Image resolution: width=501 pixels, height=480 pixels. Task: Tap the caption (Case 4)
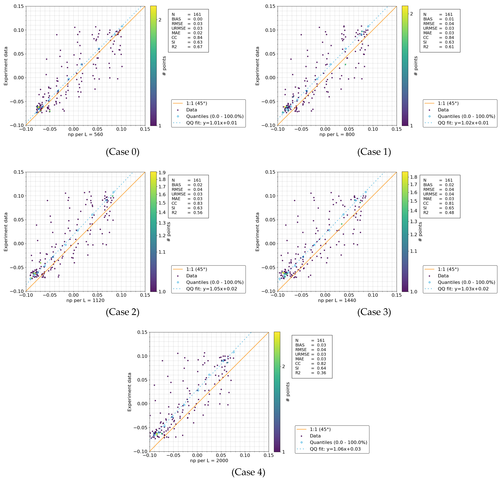point(248,472)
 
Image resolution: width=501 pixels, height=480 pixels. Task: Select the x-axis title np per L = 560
point(85,134)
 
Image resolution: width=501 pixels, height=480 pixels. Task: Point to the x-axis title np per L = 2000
point(209,460)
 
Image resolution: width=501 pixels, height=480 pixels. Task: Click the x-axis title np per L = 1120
point(85,300)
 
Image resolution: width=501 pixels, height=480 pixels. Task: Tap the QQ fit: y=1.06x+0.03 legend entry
point(335,449)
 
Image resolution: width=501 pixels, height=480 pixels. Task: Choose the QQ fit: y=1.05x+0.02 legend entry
point(211,289)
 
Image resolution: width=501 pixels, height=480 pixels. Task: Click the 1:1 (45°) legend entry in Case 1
point(448,103)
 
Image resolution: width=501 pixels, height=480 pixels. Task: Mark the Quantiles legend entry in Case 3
point(466,282)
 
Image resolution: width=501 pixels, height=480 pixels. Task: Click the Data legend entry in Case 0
point(191,110)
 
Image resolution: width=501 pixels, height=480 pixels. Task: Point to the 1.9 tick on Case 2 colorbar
point(162,173)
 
